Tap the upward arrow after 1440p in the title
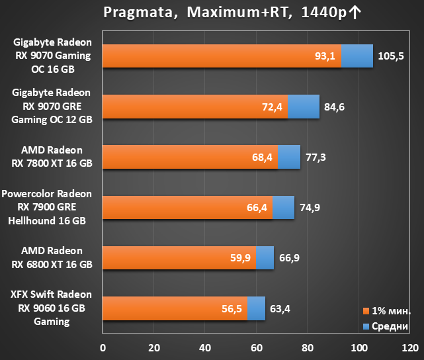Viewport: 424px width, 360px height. pyautogui.click(x=355, y=13)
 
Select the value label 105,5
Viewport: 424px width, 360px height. pyautogui.click(x=391, y=56)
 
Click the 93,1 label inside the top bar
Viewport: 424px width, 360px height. pyautogui.click(x=325, y=56)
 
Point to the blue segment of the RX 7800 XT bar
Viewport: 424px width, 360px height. pyautogui.click(x=289, y=157)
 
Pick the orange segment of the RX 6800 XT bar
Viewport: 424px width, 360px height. pyautogui.click(x=179, y=258)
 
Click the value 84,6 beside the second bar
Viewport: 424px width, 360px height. pyautogui.click(x=334, y=107)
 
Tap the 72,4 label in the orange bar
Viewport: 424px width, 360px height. pyautogui.click(x=272, y=107)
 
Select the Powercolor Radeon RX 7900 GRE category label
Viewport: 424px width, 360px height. pyautogui.click(x=46, y=207)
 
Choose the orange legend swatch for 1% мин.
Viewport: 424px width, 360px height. pyautogui.click(x=366, y=311)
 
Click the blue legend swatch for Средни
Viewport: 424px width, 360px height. pyautogui.click(x=366, y=326)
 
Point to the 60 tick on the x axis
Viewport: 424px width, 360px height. pyautogui.click(x=257, y=348)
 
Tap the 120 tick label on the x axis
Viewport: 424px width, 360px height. pyautogui.click(x=410, y=348)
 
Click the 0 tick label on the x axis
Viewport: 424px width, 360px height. pyautogui.click(x=103, y=348)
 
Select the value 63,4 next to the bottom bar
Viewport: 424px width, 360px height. pyautogui.click(x=280, y=308)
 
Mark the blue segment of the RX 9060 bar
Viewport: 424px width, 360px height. pyautogui.click(x=257, y=308)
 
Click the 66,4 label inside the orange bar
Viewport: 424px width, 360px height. pyautogui.click(x=257, y=207)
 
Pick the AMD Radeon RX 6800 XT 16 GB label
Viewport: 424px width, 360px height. pyautogui.click(x=52, y=257)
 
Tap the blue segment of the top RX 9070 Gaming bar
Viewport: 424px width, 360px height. pyautogui.click(x=357, y=56)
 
